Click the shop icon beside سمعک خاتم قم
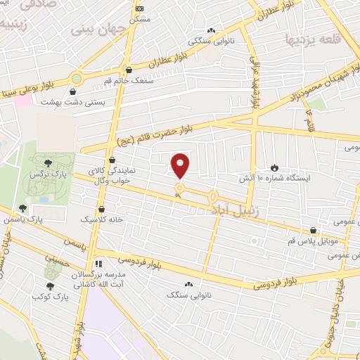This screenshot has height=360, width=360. [128, 70]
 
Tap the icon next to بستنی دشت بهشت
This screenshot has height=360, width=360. [73, 91]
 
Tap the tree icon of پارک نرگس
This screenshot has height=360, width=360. [47, 163]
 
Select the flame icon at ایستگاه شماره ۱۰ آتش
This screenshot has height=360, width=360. [274, 167]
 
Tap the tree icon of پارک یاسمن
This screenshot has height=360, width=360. [23, 209]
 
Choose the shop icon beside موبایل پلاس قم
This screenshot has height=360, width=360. [313, 230]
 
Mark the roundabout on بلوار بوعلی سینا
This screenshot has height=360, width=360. [77, 79]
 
